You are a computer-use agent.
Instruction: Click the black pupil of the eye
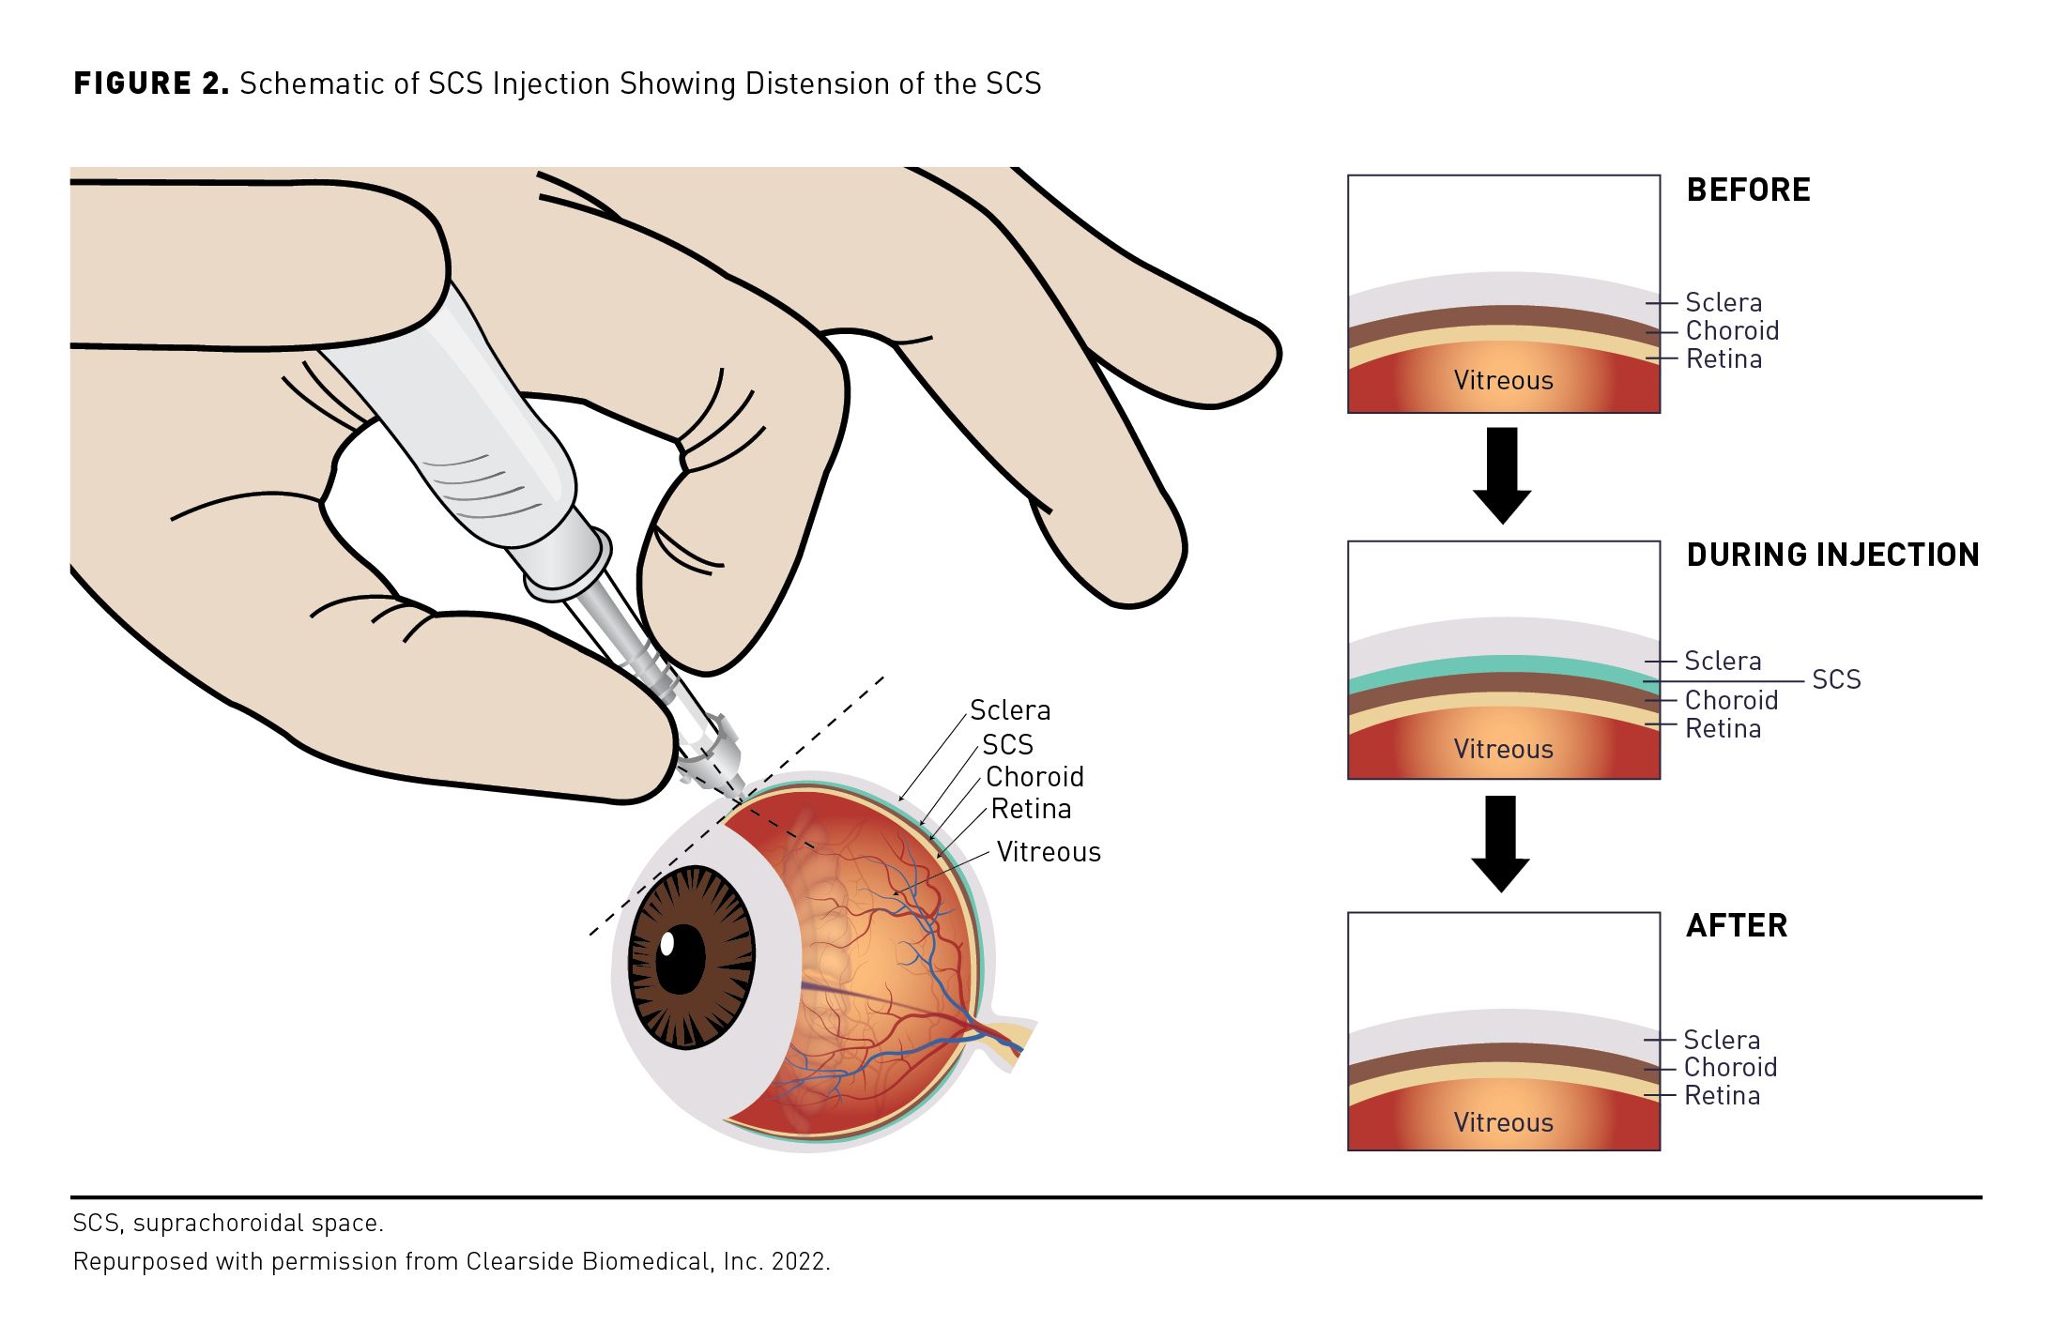pyautogui.click(x=681, y=957)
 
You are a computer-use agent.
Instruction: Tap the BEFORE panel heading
pyautogui.click(x=1748, y=190)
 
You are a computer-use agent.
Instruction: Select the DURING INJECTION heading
pyautogui.click(x=1832, y=556)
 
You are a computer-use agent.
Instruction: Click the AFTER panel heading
pyautogui.click(x=1737, y=926)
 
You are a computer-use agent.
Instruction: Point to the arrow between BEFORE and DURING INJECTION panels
pyautogui.click(x=1502, y=475)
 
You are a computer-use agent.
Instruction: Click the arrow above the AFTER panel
pyautogui.click(x=1500, y=843)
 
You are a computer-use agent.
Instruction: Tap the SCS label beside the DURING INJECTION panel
pyautogui.click(x=1836, y=680)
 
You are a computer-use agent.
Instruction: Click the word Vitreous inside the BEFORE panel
pyautogui.click(x=1503, y=381)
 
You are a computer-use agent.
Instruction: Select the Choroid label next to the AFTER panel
pyautogui.click(x=1730, y=1068)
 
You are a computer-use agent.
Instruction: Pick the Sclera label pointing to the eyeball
pyautogui.click(x=1010, y=710)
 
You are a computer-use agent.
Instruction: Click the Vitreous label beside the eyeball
pyautogui.click(x=1049, y=852)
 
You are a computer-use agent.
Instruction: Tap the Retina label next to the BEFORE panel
pyautogui.click(x=1724, y=359)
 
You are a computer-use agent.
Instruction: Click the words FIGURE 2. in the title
pyautogui.click(x=151, y=84)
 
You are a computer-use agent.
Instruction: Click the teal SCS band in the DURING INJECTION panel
pyautogui.click(x=1502, y=665)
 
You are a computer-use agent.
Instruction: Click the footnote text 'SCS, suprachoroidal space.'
pyautogui.click(x=228, y=1224)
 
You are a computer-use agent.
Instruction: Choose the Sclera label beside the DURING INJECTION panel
pyautogui.click(x=1723, y=662)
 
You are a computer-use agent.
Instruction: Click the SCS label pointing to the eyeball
pyautogui.click(x=1007, y=745)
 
